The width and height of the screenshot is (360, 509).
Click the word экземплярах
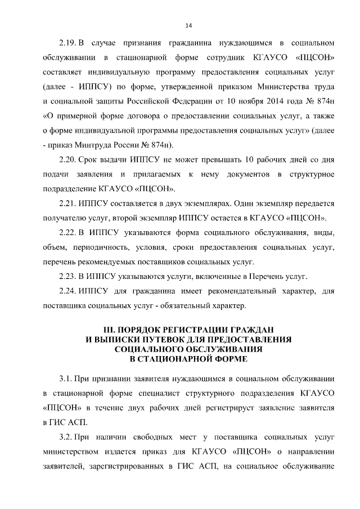point(192,204)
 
